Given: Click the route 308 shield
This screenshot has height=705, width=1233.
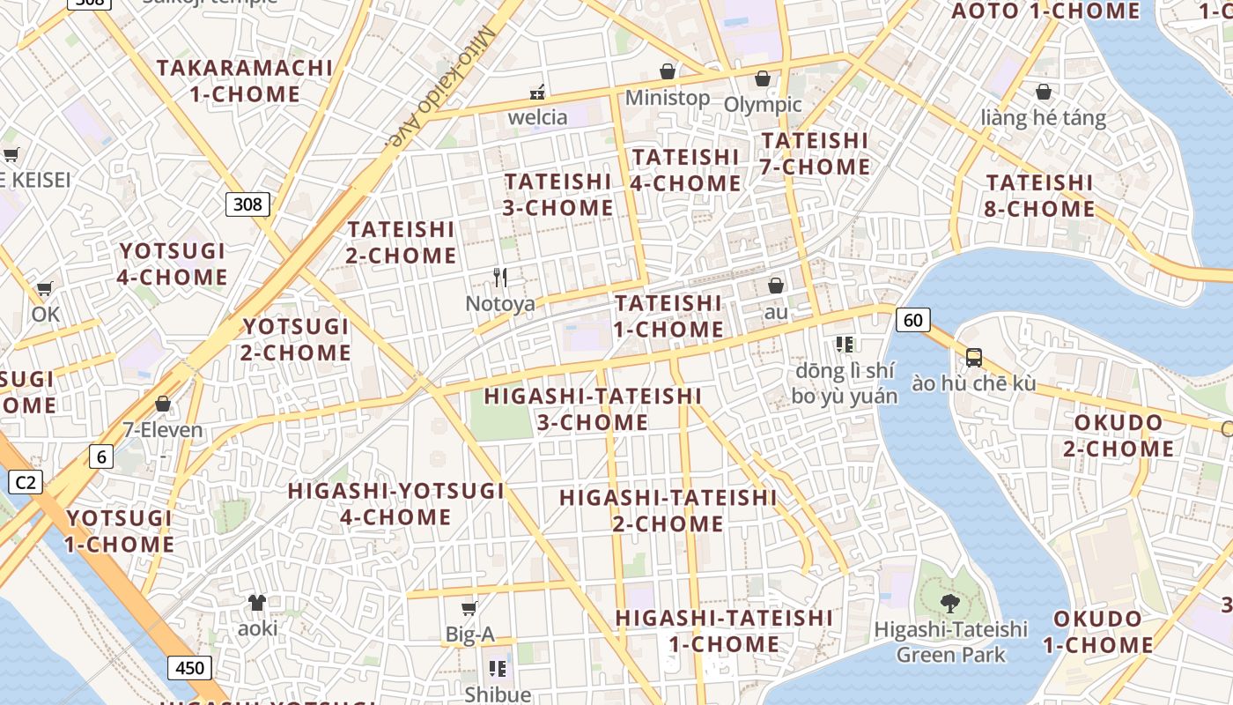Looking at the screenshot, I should tap(247, 204).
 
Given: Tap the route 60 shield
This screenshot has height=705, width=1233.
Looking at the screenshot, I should tap(913, 320).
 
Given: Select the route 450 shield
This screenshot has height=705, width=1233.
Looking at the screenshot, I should tap(189, 667).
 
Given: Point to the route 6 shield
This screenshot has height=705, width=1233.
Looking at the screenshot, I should tap(101, 456).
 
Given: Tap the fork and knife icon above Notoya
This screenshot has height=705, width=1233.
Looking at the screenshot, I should tap(500, 278).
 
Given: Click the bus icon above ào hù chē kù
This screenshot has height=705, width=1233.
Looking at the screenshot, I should tap(973, 357).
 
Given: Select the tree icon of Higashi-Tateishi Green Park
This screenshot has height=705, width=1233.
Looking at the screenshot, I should tap(949, 603).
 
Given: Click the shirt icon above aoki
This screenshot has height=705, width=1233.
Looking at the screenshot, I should tap(256, 603).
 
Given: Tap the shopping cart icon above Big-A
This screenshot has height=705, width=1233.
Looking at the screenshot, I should tap(469, 608).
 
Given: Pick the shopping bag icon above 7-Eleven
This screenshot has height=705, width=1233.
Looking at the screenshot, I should tap(162, 404).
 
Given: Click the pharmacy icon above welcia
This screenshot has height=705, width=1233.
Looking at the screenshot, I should tap(537, 92).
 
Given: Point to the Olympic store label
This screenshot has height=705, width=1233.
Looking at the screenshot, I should tap(763, 104).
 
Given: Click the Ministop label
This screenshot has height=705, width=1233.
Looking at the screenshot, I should tap(667, 97).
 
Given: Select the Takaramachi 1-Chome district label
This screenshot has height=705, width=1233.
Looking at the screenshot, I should tap(245, 80).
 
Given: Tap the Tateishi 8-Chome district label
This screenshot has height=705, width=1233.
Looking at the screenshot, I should tap(1040, 196).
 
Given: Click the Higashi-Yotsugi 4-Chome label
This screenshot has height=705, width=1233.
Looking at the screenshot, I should tap(395, 503).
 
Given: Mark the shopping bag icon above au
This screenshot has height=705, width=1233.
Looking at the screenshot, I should tap(776, 286).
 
